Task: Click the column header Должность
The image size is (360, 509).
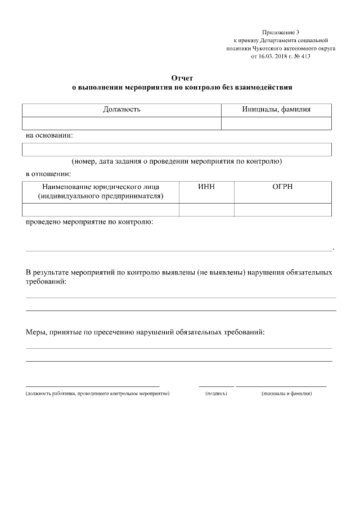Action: point(121,109)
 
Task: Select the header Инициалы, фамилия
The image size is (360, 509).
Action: point(276,109)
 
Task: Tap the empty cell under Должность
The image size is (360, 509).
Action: point(121,123)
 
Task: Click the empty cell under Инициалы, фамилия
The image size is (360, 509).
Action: point(276,123)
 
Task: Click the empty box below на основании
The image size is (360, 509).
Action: point(177,149)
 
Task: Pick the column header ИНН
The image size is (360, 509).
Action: point(206,187)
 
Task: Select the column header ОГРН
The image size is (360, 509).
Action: point(282,187)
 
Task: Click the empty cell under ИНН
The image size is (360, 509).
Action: point(206,209)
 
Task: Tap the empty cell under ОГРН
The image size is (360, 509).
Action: point(282,209)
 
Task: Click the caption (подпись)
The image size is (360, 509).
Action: point(217,394)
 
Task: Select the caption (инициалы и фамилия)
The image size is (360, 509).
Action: point(287,394)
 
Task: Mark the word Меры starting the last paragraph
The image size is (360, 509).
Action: point(37,332)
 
